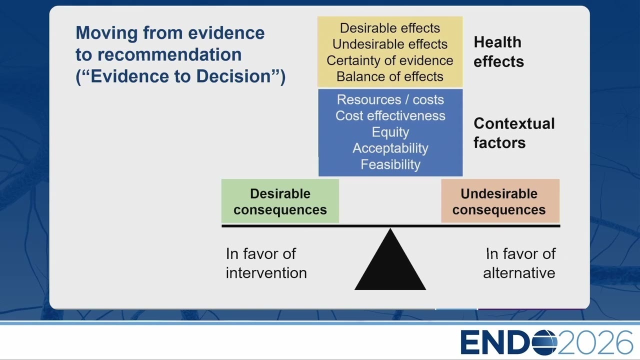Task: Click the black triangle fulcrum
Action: pyautogui.click(x=390, y=263)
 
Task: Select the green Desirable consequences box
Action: pyautogui.click(x=280, y=201)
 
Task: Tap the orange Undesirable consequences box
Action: pyautogui.click(x=500, y=201)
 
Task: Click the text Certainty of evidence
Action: pyautogui.click(x=390, y=60)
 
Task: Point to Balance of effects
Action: pyautogui.click(x=390, y=76)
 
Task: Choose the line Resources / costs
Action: pyautogui.click(x=390, y=99)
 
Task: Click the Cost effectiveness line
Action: pyautogui.click(x=390, y=115)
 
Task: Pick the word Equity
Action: pyautogui.click(x=390, y=132)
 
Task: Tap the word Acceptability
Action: pyautogui.click(x=390, y=148)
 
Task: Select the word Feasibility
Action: pyautogui.click(x=390, y=164)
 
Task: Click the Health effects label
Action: pyautogui.click(x=498, y=51)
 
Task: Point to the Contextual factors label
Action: pyautogui.click(x=514, y=133)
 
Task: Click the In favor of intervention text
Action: pyautogui.click(x=266, y=263)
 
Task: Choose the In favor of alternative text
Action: pyautogui.click(x=519, y=263)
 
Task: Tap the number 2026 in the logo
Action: pyautogui.click(x=595, y=342)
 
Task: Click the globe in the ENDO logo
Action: pyautogui.click(x=544, y=342)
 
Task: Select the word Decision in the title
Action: pyautogui.click(x=233, y=76)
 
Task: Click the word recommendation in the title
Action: pyautogui.click(x=169, y=54)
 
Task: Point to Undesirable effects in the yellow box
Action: pyautogui.click(x=390, y=44)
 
